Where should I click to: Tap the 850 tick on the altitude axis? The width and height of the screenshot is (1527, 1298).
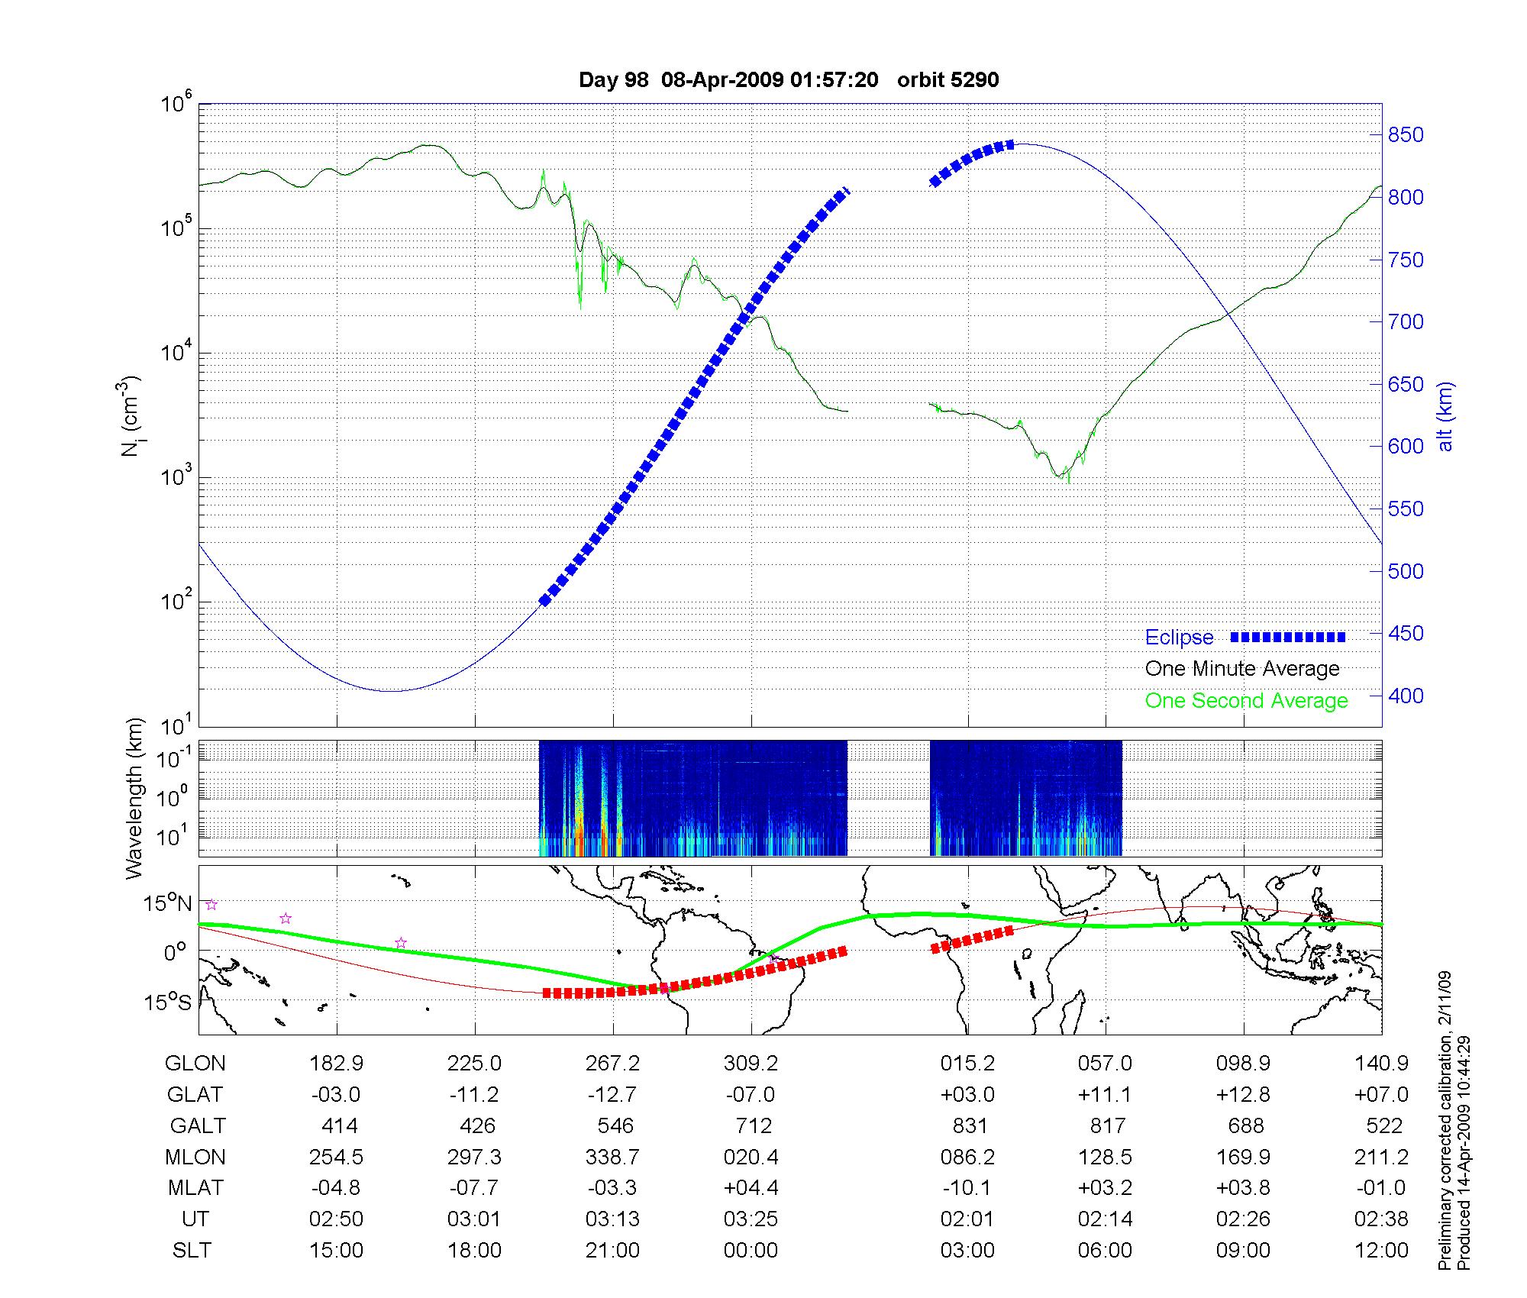pyautogui.click(x=1406, y=135)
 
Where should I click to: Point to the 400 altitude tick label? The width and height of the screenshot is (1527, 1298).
pyautogui.click(x=1406, y=696)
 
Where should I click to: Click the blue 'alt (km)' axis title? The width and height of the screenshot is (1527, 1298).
pyautogui.click(x=1445, y=416)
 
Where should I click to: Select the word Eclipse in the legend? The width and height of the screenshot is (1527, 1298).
pyautogui.click(x=1179, y=638)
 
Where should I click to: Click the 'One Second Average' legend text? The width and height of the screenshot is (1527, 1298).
pyautogui.click(x=1246, y=701)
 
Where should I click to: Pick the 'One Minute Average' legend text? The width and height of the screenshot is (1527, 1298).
pyautogui.click(x=1242, y=669)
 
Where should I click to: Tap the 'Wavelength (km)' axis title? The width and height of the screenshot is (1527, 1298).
pyautogui.click(x=134, y=798)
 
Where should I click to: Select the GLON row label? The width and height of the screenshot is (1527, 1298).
pyautogui.click(x=195, y=1063)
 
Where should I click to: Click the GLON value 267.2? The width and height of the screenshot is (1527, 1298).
pyautogui.click(x=612, y=1063)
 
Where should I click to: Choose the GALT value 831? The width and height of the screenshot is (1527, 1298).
pyautogui.click(x=970, y=1125)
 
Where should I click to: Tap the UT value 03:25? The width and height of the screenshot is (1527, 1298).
pyautogui.click(x=751, y=1219)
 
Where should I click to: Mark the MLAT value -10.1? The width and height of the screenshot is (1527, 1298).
pyautogui.click(x=967, y=1188)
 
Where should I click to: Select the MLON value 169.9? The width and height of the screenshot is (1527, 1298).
pyautogui.click(x=1243, y=1157)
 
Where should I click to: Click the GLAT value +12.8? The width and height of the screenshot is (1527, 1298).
pyautogui.click(x=1243, y=1094)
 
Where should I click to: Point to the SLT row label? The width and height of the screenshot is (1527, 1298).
pyautogui.click(x=192, y=1250)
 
